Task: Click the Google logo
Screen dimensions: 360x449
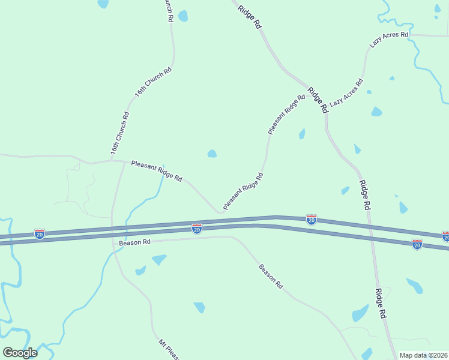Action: pyautogui.click(x=20, y=352)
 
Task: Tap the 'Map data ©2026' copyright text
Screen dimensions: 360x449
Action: pyautogui.click(x=424, y=355)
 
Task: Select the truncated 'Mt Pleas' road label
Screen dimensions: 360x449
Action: pyautogui.click(x=169, y=350)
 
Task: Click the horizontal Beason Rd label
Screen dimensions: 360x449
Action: pyautogui.click(x=134, y=242)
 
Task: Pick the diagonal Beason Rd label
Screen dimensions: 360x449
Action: pyautogui.click(x=271, y=277)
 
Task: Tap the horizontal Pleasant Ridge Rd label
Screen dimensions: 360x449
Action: pyautogui.click(x=157, y=170)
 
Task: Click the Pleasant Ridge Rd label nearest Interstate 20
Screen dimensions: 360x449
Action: pyautogui.click(x=243, y=191)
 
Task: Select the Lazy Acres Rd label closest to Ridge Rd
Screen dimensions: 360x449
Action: pyautogui.click(x=346, y=92)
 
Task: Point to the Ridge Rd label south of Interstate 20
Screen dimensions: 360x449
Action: pyautogui.click(x=379, y=304)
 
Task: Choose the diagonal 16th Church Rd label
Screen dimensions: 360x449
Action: pyautogui.click(x=153, y=83)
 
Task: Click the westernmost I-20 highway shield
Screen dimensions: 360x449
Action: pyautogui.click(x=40, y=233)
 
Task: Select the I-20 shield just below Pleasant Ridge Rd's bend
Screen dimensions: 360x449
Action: pyautogui.click(x=197, y=228)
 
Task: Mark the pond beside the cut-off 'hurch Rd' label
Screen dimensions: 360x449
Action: pyautogui.click(x=182, y=16)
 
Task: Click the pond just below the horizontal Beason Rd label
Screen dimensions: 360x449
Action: pyautogui.click(x=159, y=259)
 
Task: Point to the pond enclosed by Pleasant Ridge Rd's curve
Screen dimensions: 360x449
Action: pyautogui.click(x=212, y=154)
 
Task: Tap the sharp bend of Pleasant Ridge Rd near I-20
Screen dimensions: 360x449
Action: pyautogui.click(x=220, y=211)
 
